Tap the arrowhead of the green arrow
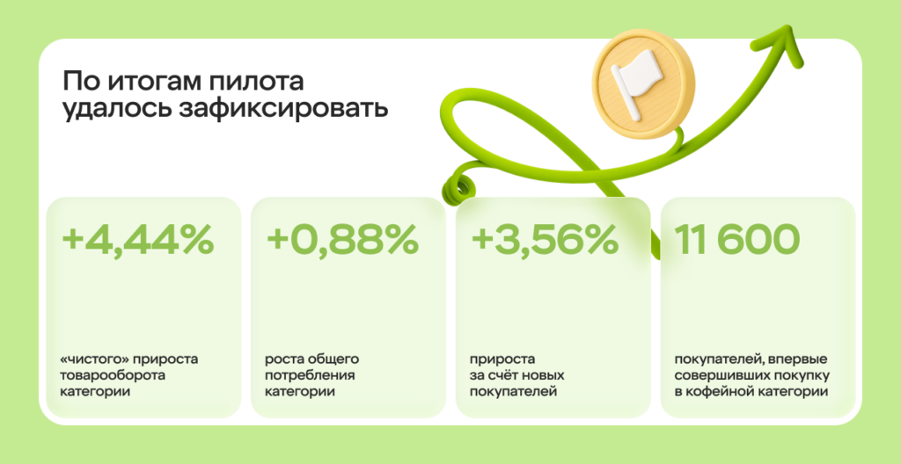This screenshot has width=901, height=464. pos(786,43)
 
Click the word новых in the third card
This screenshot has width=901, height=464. pos(549,376)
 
